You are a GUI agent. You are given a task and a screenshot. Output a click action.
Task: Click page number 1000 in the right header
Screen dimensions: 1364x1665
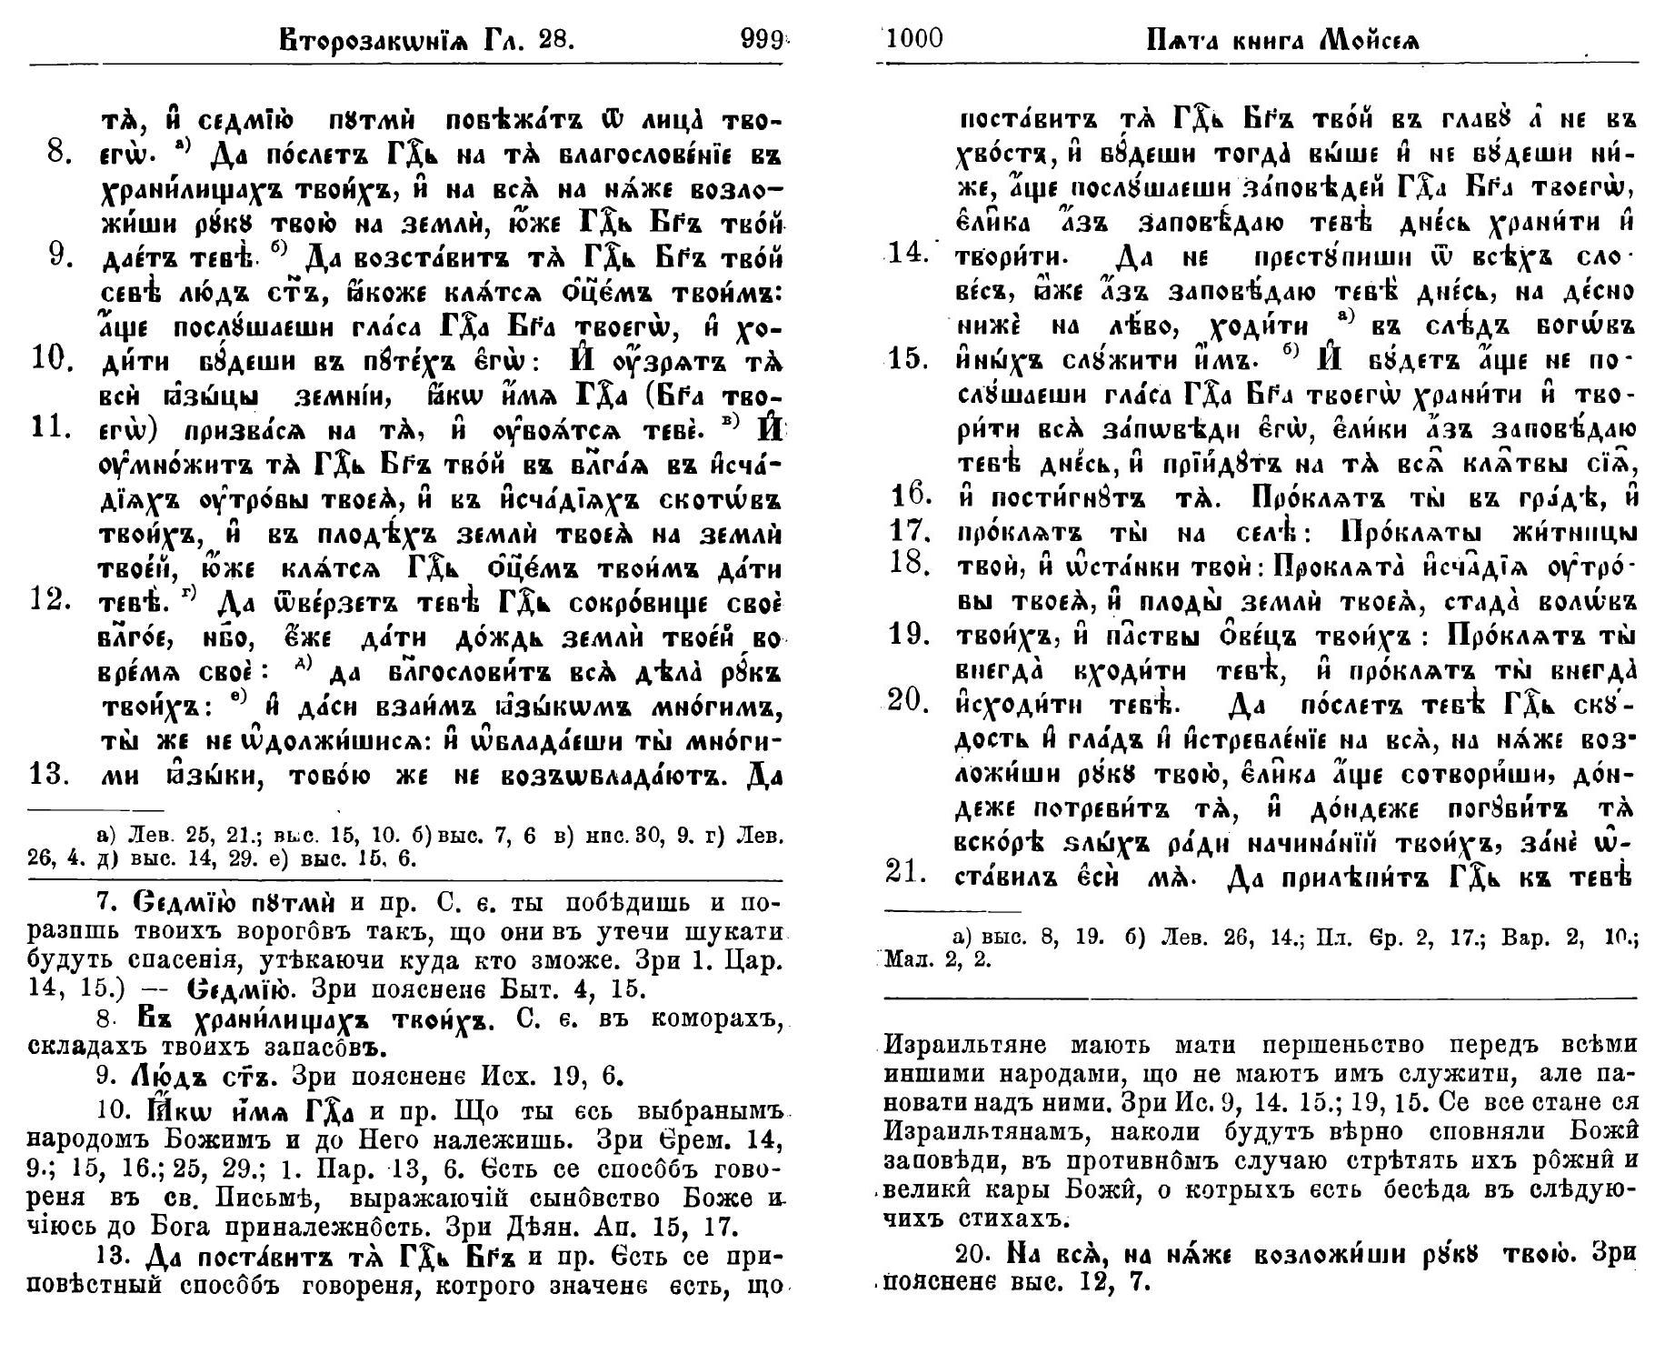[914, 39]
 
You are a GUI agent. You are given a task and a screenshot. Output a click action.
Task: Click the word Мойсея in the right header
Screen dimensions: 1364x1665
[1369, 40]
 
